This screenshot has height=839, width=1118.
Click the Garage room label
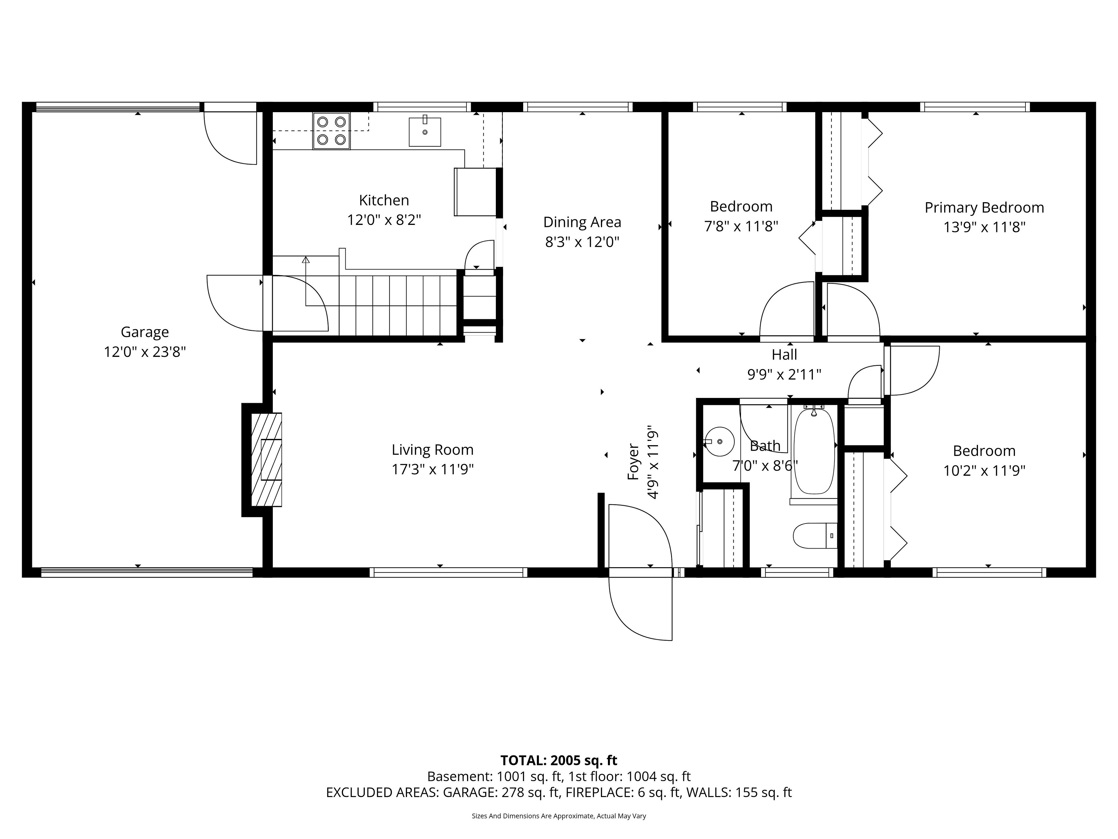pos(144,332)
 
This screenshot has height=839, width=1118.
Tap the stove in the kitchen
pos(332,131)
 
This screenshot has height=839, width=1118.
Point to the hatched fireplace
pos(266,460)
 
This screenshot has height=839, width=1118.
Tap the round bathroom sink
pos(719,442)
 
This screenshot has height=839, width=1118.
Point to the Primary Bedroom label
pos(984,207)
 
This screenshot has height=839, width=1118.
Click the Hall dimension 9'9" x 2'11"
pos(784,375)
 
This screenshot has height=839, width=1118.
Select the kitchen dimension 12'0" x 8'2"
pos(384,220)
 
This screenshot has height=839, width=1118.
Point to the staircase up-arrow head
pos(306,260)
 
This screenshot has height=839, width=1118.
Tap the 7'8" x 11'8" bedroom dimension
pos(741,226)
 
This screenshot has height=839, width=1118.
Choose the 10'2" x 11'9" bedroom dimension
pos(984,471)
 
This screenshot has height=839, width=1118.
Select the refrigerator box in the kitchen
pos(476,192)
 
